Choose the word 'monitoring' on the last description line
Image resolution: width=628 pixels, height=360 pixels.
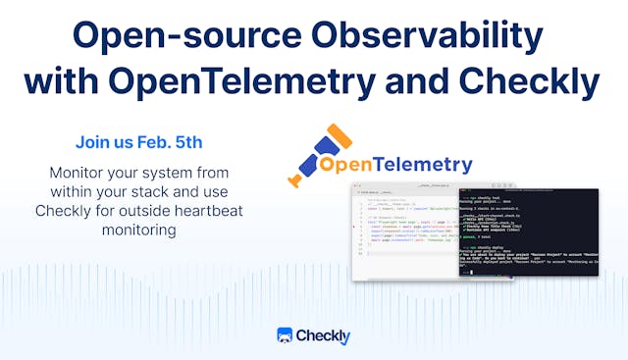[137, 231]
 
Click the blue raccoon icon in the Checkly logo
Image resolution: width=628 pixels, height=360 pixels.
[286, 335]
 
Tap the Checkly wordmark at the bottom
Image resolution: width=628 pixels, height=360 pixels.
[325, 335]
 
